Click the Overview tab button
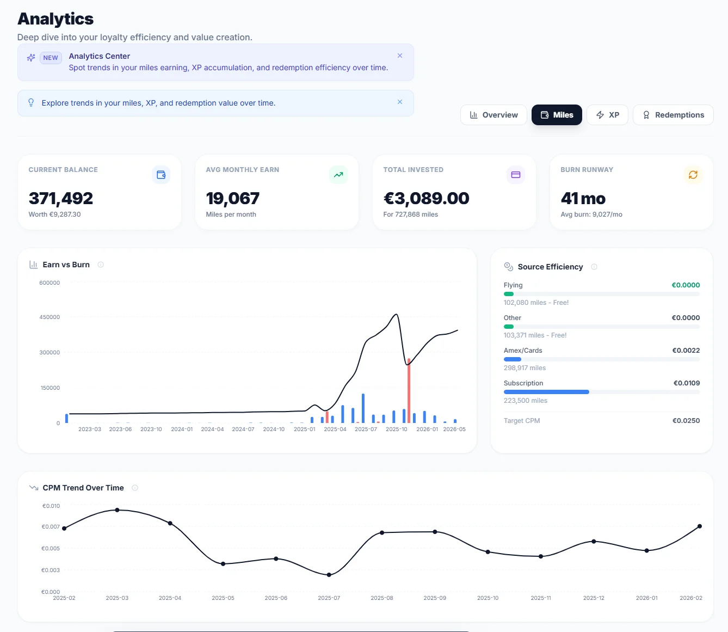[493, 115]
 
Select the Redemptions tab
[673, 115]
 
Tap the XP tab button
[607, 115]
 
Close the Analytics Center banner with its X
[400, 56]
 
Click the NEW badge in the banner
[51, 58]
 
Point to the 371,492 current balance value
[61, 198]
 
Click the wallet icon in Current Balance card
[161, 175]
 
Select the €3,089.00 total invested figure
[426, 198]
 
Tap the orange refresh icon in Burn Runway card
[693, 175]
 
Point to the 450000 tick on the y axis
[50, 317]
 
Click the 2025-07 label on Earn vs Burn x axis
[366, 429]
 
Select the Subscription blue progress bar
[546, 392]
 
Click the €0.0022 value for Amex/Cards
[686, 351]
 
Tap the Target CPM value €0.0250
[686, 421]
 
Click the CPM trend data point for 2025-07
[329, 575]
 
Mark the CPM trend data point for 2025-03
[117, 510]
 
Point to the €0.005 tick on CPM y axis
[51, 548]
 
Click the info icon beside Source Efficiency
[594, 267]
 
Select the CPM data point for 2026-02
[700, 526]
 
